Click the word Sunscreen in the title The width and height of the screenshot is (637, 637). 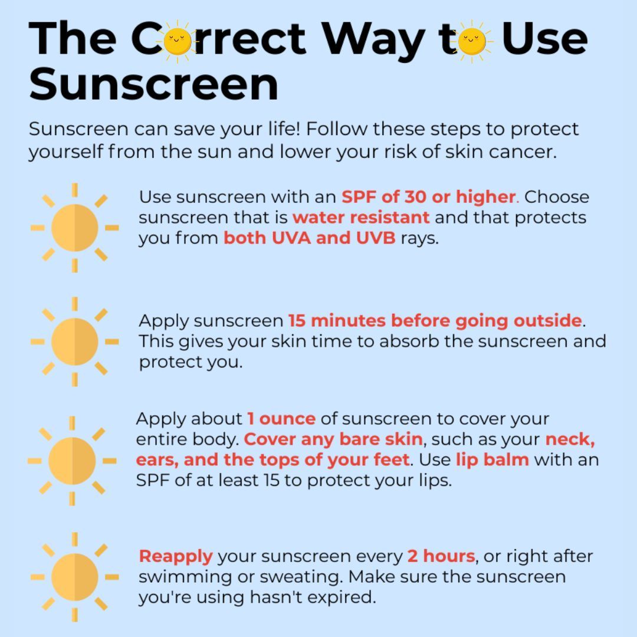153,84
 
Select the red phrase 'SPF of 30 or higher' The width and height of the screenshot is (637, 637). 429,196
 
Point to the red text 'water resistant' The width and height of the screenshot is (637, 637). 361,217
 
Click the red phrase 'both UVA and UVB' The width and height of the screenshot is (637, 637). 310,238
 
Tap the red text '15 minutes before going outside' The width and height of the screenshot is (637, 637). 435,321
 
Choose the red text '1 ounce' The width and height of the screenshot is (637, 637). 281,419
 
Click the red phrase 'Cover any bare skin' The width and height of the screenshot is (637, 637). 333,439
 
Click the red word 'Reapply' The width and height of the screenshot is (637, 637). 176,556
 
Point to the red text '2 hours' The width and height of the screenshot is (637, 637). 441,556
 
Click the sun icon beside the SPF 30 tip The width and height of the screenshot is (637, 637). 75,228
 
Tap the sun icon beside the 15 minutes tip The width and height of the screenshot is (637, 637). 75,342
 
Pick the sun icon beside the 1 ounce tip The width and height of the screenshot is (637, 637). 72,461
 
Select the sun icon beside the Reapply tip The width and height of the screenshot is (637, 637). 75,577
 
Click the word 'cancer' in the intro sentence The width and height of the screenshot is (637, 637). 523,152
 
